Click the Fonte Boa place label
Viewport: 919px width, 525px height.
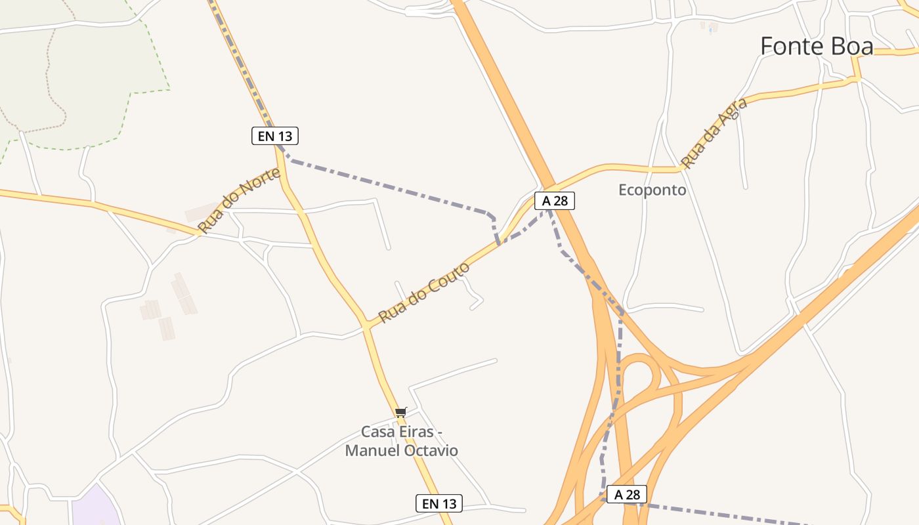(817, 47)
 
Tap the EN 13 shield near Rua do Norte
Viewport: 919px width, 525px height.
(275, 136)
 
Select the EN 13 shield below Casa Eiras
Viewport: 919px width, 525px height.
(439, 503)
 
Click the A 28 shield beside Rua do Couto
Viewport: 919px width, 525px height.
(555, 201)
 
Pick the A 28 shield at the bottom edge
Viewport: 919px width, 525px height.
(627, 494)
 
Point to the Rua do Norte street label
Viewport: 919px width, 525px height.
(240, 199)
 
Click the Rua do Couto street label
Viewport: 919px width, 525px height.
(424, 292)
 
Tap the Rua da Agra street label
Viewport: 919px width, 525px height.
(714, 133)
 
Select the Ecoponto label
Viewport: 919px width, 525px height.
(652, 190)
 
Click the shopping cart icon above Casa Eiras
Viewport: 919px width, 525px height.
(400, 413)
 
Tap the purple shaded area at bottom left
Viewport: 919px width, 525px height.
(95, 509)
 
